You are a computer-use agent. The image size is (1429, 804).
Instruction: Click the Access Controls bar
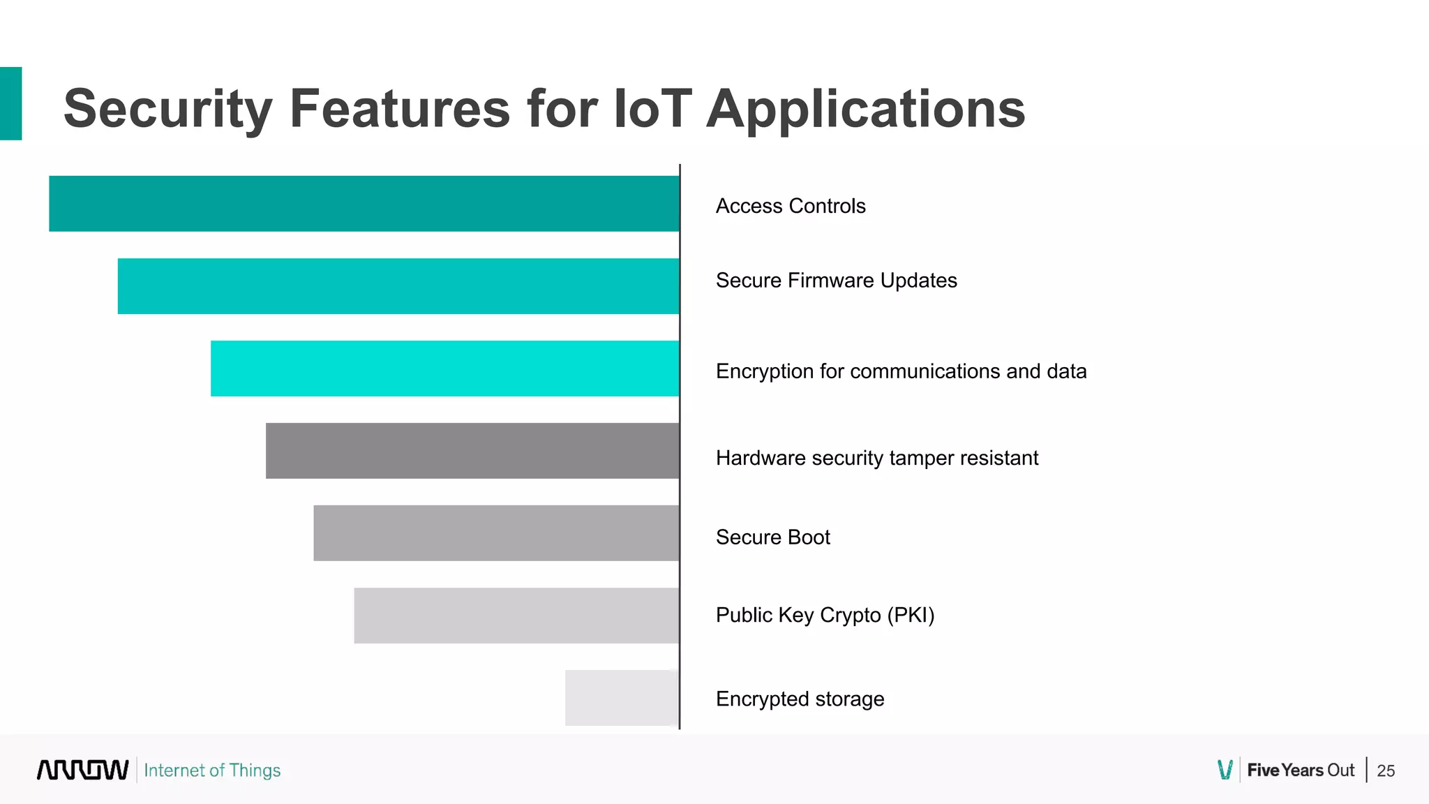364,203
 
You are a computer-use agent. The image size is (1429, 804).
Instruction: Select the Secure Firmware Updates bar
398,286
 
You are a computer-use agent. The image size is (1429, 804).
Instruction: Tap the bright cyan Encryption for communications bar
444,368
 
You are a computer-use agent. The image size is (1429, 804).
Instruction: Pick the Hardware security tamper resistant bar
472,451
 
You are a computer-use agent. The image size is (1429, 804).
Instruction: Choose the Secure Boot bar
495,533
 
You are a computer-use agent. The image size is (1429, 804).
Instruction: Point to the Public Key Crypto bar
516,616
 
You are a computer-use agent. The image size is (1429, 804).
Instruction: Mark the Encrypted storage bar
621,698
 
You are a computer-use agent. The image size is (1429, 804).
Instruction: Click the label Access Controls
790,206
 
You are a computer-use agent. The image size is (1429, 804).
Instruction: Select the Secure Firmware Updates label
836,280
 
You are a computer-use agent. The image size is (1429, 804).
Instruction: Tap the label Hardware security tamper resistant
876,458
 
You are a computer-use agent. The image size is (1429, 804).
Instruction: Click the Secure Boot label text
772,537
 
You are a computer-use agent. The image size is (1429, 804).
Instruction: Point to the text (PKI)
911,615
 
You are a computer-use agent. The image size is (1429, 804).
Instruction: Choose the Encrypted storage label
800,699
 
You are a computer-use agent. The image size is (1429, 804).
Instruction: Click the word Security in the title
167,109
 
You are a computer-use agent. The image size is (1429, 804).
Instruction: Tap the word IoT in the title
652,109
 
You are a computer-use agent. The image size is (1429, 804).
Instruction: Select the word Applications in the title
865,109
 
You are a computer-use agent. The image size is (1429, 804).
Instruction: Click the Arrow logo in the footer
82,770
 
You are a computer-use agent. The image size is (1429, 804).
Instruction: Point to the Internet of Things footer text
212,770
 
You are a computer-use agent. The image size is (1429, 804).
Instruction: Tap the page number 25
1385,770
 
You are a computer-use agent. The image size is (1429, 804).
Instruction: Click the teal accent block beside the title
10,103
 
